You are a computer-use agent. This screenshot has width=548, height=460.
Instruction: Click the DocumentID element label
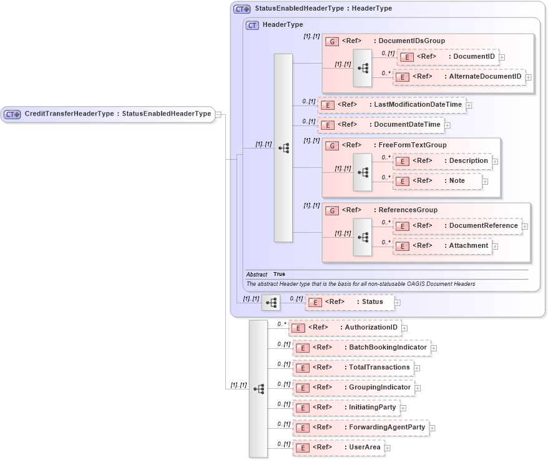coord(474,57)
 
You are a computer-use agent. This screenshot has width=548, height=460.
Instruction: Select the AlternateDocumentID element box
coord(459,77)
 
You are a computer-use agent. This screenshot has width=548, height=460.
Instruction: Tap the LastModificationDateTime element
coord(392,105)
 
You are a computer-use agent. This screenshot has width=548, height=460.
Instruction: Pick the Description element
coord(442,161)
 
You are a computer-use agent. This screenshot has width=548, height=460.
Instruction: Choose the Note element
coord(438,181)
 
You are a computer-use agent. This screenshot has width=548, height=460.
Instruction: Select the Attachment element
coord(442,246)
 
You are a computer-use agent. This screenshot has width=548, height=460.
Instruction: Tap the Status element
coord(350,302)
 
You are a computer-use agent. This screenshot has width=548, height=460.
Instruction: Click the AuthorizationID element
coord(345,328)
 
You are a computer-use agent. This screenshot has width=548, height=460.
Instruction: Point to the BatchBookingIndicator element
coord(362,348)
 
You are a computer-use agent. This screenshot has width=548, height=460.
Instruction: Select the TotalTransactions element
coord(353,368)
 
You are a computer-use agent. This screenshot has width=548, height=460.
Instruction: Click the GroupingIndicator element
coord(354,388)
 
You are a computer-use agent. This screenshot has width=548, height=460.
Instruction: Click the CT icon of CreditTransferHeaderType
coord(12,114)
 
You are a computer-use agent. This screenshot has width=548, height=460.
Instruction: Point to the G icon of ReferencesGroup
coord(332,211)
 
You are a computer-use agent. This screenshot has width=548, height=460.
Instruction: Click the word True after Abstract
coord(279,275)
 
